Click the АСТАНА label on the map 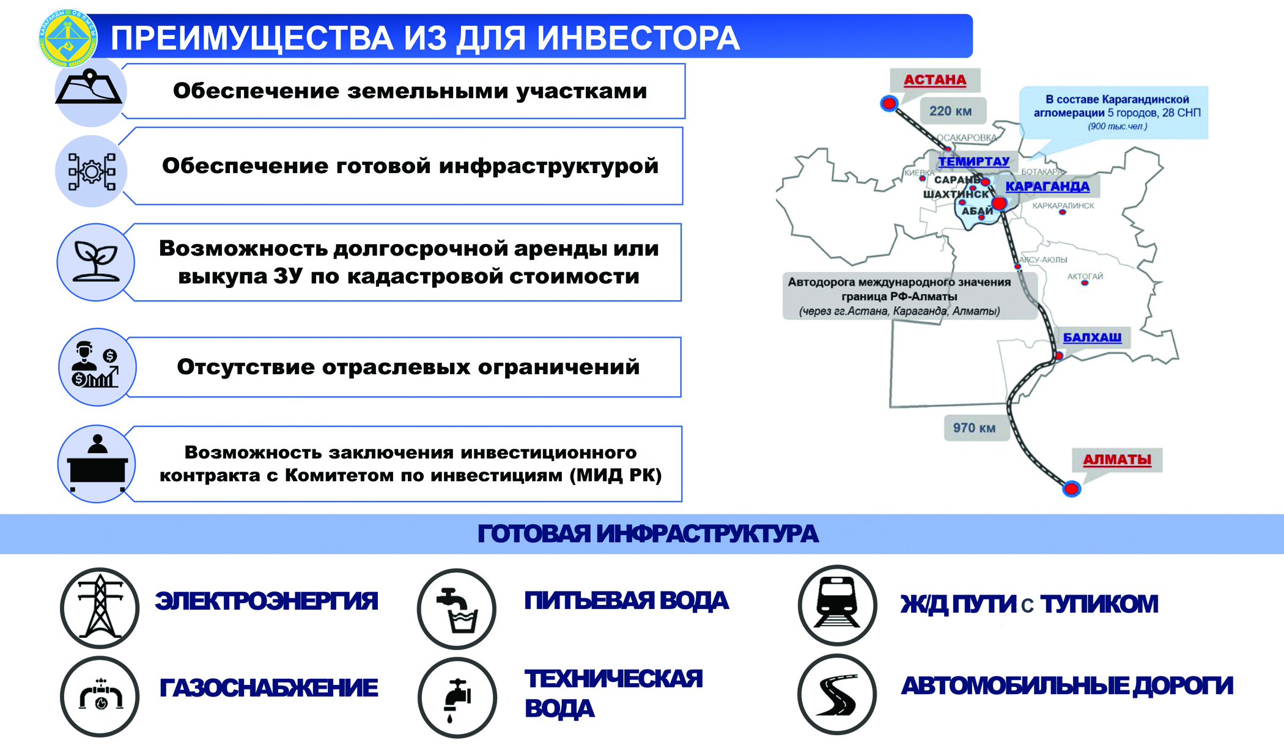934,80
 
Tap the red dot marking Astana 889,103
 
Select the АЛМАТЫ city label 1116,459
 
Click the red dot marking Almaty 1071,489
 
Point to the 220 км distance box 951,111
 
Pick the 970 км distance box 974,427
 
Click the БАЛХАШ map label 1092,337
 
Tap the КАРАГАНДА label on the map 1047,187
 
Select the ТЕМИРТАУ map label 973,161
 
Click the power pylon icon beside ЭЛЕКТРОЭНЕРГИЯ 100,607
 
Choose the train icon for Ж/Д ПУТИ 837,605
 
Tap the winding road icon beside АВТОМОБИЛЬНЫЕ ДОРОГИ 837,694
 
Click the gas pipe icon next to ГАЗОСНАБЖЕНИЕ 100,696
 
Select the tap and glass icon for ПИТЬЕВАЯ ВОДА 457,609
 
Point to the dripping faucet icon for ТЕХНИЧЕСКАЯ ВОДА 457,697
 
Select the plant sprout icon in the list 95,262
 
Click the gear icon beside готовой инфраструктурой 92,171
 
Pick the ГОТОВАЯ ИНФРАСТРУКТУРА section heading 647,534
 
